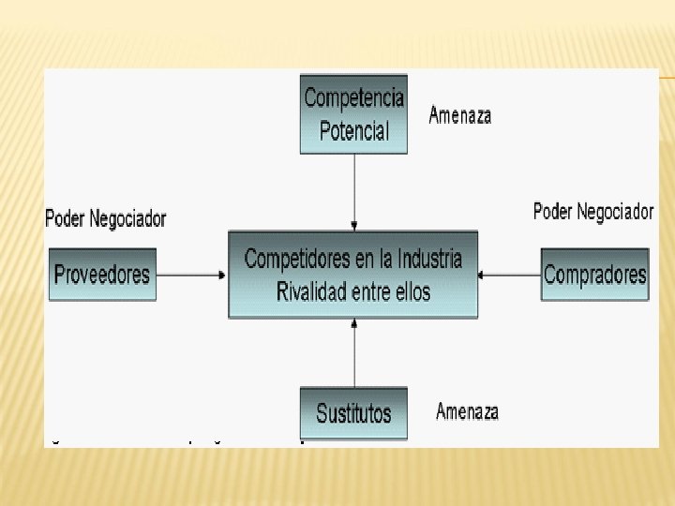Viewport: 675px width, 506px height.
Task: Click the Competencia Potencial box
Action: [353, 113]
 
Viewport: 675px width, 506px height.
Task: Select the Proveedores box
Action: [101, 274]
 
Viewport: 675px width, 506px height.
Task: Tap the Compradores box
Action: [594, 274]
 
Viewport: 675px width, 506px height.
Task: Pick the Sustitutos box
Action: [353, 413]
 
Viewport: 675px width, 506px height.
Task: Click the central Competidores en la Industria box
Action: [352, 275]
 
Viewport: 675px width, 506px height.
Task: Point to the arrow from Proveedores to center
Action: [191, 275]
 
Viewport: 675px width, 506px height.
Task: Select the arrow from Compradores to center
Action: [508, 275]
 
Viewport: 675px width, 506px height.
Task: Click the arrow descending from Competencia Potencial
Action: [354, 192]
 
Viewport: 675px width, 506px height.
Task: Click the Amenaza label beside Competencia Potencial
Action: [459, 115]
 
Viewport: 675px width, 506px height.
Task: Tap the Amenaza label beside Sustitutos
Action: [467, 411]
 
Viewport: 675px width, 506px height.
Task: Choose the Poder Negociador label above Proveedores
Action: [105, 219]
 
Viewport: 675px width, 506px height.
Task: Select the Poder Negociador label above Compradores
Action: [592, 212]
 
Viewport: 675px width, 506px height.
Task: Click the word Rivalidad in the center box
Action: [312, 291]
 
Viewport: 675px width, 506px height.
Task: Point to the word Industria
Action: [429, 259]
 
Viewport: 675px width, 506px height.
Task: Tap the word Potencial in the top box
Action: [353, 130]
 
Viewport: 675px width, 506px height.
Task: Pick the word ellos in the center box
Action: [412, 291]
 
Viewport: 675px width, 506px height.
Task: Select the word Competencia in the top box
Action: [353, 97]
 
